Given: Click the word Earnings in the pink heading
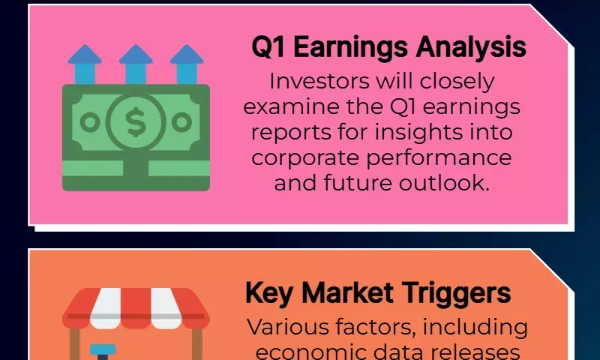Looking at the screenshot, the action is [351, 48].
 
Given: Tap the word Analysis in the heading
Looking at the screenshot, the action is [472, 47].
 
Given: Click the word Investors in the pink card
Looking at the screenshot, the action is [319, 82].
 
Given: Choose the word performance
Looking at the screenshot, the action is [439, 158].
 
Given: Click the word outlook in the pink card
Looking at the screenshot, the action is [444, 183].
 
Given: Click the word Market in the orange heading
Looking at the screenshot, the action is [347, 293].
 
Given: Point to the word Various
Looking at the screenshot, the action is [287, 327].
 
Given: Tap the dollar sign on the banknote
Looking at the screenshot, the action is [136, 122].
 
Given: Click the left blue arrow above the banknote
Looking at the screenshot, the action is [85, 64].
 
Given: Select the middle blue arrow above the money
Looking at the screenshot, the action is [136, 64].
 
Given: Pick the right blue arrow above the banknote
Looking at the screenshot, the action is [187, 64].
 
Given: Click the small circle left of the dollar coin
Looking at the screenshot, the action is [90, 122].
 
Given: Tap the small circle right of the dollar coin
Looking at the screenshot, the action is [181, 122].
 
